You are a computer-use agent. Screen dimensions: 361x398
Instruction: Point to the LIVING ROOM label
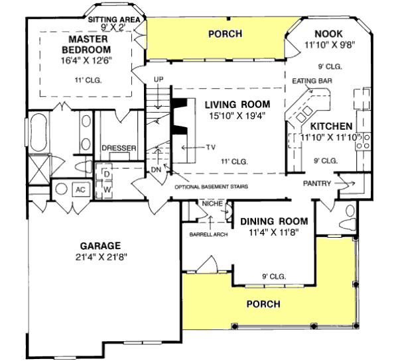(237, 104)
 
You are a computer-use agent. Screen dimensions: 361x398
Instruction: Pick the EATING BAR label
(312, 80)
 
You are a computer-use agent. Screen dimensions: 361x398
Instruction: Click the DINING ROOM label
(274, 221)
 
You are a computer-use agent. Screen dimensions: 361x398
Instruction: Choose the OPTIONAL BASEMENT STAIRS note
(211, 187)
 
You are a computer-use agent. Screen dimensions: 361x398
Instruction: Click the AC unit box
(79, 190)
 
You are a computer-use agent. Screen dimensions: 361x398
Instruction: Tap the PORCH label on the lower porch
(263, 304)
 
